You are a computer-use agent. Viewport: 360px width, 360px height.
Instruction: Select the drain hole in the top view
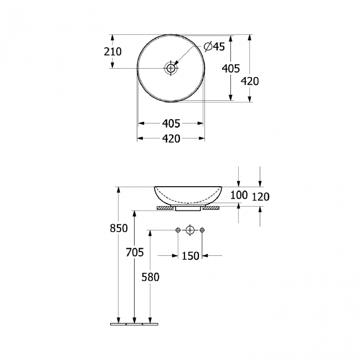171,68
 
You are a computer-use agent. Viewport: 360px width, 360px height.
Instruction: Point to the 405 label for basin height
230,68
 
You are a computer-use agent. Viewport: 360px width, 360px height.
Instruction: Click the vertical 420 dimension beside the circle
250,81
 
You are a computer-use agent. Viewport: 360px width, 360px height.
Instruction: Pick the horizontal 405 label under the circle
171,124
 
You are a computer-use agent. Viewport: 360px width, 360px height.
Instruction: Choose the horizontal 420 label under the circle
171,139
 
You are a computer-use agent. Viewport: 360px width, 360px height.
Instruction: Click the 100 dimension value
239,196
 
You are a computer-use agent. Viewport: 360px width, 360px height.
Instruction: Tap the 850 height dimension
119,228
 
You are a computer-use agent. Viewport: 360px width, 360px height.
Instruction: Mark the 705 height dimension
135,253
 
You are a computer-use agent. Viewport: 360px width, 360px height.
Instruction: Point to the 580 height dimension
150,277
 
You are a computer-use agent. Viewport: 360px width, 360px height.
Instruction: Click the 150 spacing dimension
190,255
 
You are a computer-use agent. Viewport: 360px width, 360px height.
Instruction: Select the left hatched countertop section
166,208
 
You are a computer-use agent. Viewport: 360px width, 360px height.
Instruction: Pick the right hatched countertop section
211,208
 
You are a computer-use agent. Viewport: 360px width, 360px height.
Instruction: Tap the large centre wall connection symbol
190,230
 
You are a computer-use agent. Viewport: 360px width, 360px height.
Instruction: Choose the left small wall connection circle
177,230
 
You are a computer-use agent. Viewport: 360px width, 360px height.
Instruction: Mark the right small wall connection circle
202,230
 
